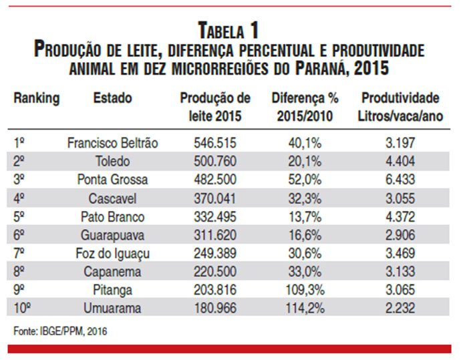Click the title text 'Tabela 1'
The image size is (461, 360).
click(x=228, y=30)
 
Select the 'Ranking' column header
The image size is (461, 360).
click(x=37, y=98)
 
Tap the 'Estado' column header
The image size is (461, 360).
click(x=113, y=98)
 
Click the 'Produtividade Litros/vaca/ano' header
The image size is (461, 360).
click(x=400, y=107)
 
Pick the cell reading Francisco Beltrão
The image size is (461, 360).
click(x=113, y=143)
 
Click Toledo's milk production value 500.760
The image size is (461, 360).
click(x=215, y=162)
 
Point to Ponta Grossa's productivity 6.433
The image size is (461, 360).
click(x=400, y=180)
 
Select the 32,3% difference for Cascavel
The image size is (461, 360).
click(x=305, y=198)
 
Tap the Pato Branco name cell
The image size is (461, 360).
click(x=113, y=217)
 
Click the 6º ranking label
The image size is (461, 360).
click(x=19, y=235)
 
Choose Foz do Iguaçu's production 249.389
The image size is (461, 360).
click(x=215, y=253)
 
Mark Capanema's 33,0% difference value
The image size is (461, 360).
click(x=305, y=272)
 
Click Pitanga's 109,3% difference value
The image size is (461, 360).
click(x=305, y=290)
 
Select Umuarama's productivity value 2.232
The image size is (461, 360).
click(x=400, y=309)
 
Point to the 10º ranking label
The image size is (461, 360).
click(x=22, y=309)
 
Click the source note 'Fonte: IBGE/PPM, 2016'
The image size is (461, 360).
click(x=60, y=331)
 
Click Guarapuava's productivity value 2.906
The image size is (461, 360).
click(x=400, y=235)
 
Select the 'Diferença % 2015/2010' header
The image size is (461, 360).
click(x=305, y=107)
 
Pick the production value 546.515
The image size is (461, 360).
click(x=215, y=143)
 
